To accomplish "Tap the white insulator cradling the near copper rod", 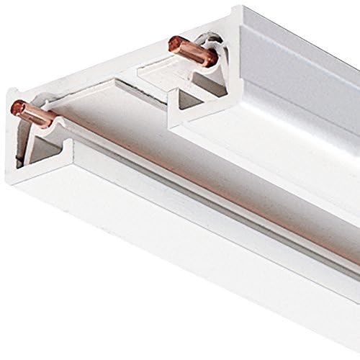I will point(45,122).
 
